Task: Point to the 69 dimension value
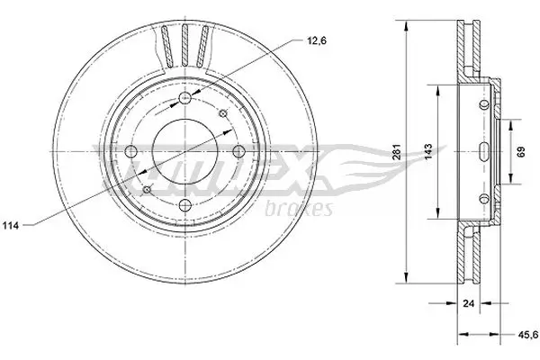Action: (519, 151)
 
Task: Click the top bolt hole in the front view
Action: (186, 98)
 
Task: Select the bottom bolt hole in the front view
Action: (186, 206)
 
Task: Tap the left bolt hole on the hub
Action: (132, 152)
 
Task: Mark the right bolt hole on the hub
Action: (240, 152)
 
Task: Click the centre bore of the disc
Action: (186, 152)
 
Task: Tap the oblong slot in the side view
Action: (483, 151)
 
